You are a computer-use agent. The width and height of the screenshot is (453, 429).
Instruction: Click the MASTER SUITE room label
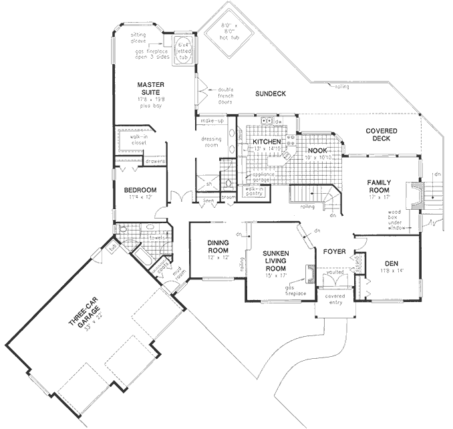pyautogui.click(x=151, y=89)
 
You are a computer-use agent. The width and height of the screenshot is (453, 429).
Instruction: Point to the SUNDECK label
pyautogui.click(x=271, y=94)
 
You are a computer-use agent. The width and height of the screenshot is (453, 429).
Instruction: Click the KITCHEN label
pyautogui.click(x=265, y=142)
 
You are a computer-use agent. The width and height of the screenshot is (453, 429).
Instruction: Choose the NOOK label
pyautogui.click(x=316, y=150)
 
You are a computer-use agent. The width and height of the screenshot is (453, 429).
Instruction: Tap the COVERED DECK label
pyautogui.click(x=382, y=135)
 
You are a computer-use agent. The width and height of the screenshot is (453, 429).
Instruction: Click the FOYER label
pyautogui.click(x=333, y=252)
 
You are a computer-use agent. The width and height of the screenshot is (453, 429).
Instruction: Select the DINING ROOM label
pyautogui.click(x=218, y=247)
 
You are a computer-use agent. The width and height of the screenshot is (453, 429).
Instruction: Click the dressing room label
pyautogui.click(x=211, y=142)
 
